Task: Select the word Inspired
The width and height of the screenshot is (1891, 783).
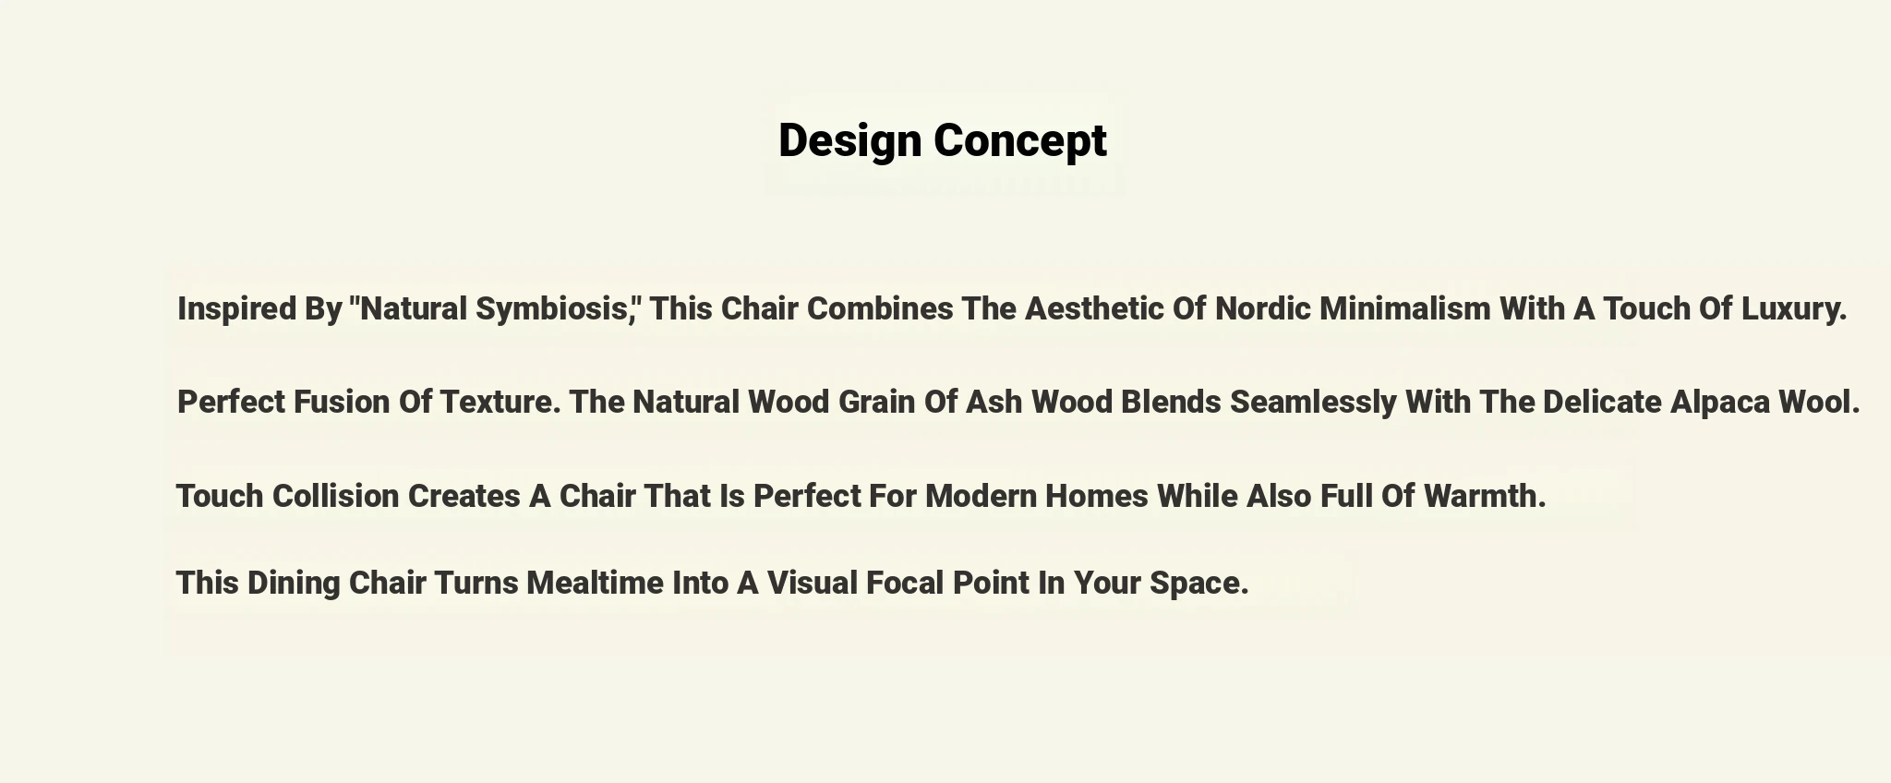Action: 237,309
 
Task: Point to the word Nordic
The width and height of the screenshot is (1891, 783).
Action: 1263,308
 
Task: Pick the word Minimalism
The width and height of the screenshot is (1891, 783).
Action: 1404,308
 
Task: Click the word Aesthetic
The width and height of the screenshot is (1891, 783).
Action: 1095,308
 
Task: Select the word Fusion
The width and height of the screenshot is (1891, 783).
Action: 342,403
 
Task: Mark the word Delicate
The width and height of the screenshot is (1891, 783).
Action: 1602,403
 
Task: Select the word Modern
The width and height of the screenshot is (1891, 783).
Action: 982,496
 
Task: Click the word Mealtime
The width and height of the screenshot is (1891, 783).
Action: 595,583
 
